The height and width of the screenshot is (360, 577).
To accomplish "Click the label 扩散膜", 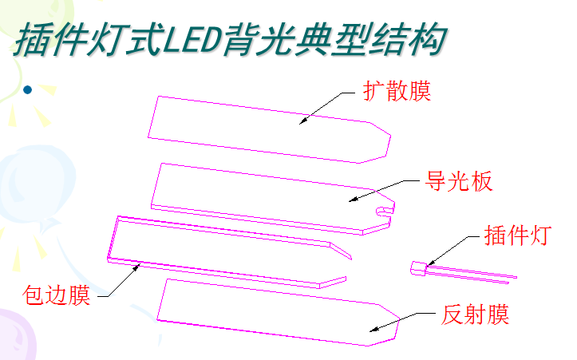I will pos(397,91).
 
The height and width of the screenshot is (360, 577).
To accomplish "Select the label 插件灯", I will pos(516,236).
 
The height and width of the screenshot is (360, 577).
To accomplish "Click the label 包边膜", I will pos(56,297).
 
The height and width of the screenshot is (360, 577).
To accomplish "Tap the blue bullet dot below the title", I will pos(28,89).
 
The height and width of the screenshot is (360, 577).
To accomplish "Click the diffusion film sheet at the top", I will pos(255,128).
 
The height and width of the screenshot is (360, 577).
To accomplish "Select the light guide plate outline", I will pos(255,192).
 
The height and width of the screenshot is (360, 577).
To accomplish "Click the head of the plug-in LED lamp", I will pos(418,268).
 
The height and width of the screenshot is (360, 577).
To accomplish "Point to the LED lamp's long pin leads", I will pos(475,275).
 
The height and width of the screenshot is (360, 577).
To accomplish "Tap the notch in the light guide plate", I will pos(385,210).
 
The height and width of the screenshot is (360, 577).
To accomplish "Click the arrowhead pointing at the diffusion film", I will pos(302,122).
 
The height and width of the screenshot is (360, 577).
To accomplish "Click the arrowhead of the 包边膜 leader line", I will pos(140,266).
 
